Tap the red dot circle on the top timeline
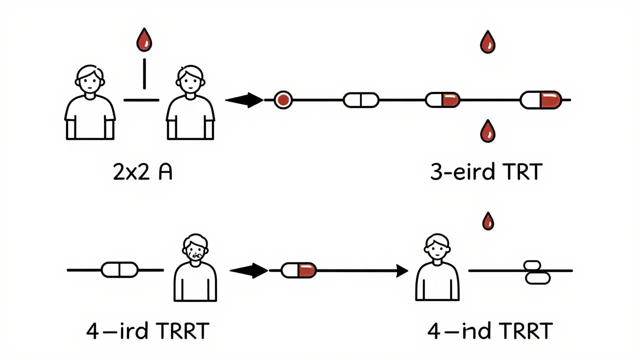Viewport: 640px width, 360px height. pos(283,100)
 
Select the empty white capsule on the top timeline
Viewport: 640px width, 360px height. pos(361,100)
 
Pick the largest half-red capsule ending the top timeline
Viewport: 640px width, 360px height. pos(541,100)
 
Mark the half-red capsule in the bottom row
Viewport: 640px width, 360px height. pos(298,270)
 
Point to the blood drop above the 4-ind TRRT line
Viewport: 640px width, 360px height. pos(488,220)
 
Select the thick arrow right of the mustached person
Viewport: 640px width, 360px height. pos(248,270)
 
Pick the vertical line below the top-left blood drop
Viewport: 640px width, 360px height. pos(144,73)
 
